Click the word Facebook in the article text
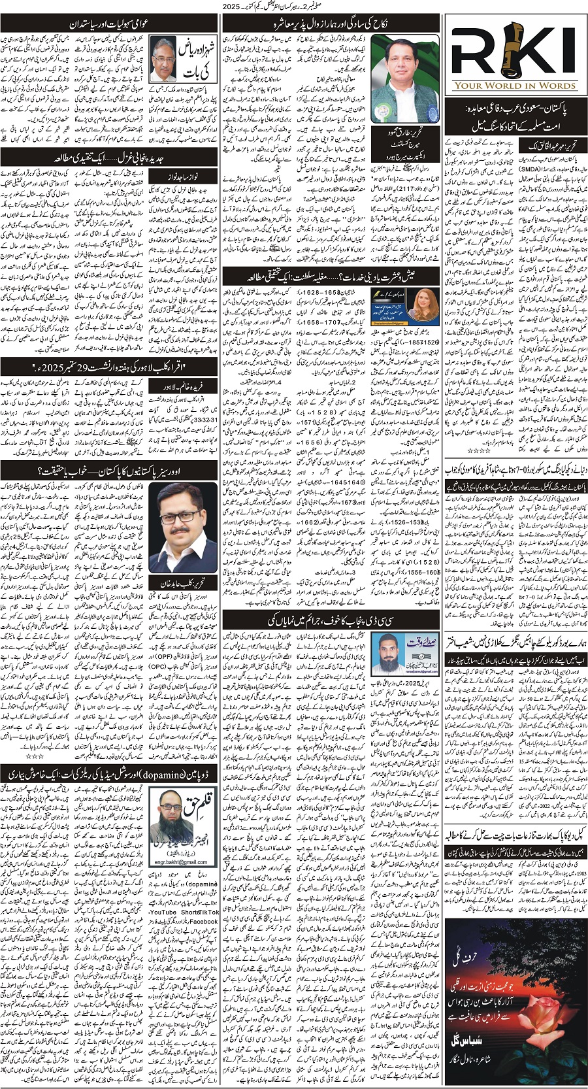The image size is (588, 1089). (x=204, y=921)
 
